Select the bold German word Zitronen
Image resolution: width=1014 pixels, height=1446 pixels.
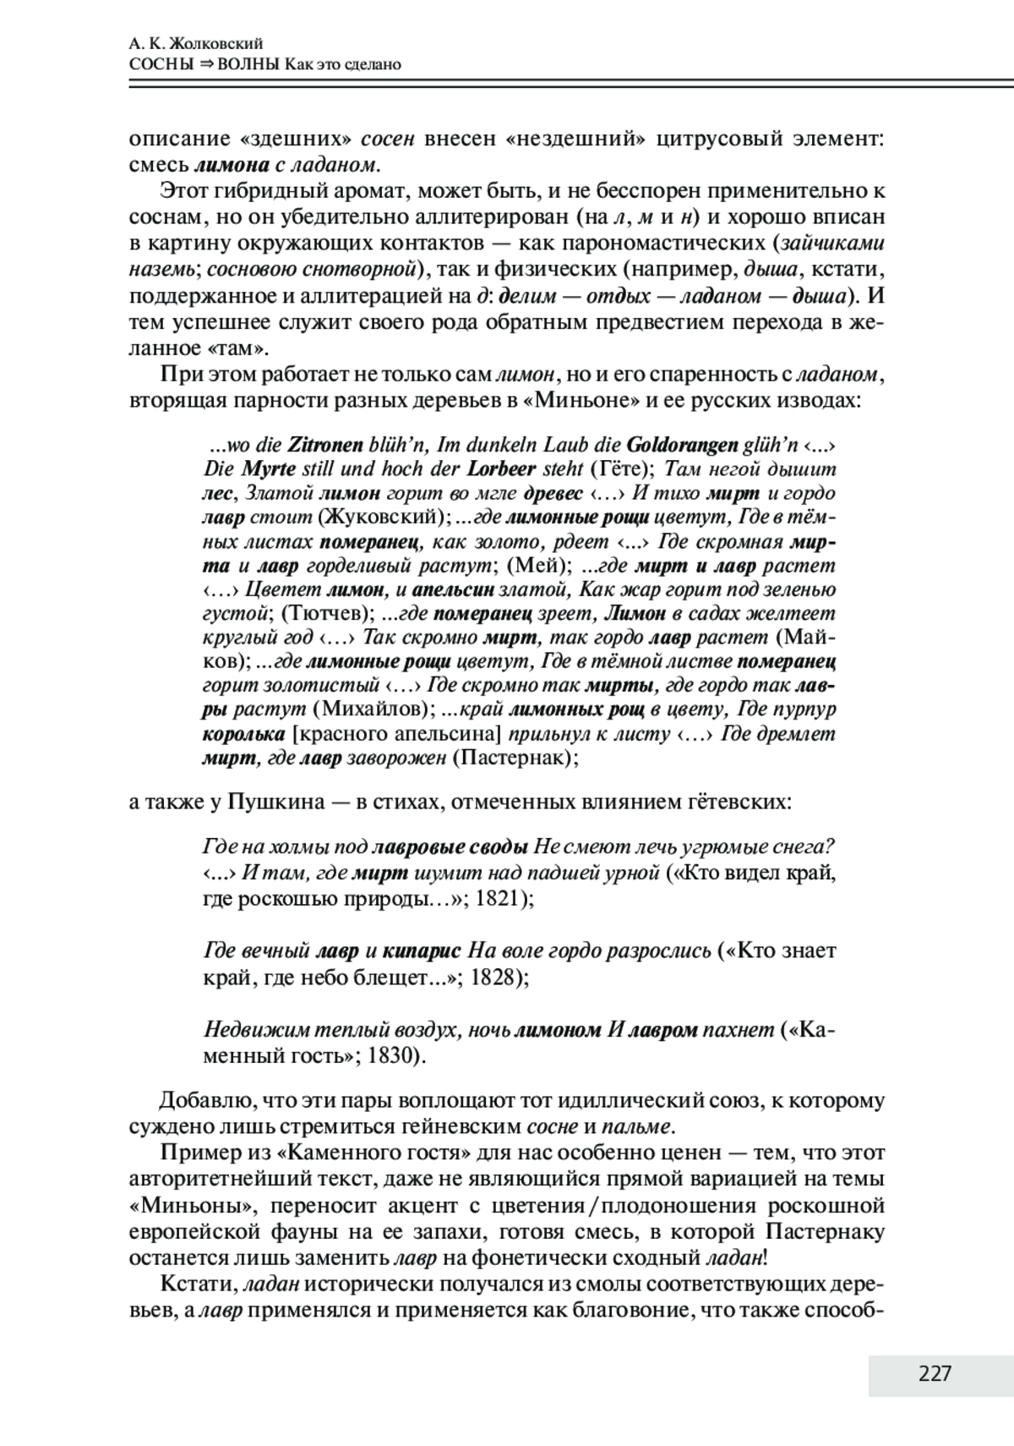pos(325,445)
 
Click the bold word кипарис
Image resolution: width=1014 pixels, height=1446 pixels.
pos(421,951)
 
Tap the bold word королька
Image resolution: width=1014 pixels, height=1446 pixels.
pos(243,733)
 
